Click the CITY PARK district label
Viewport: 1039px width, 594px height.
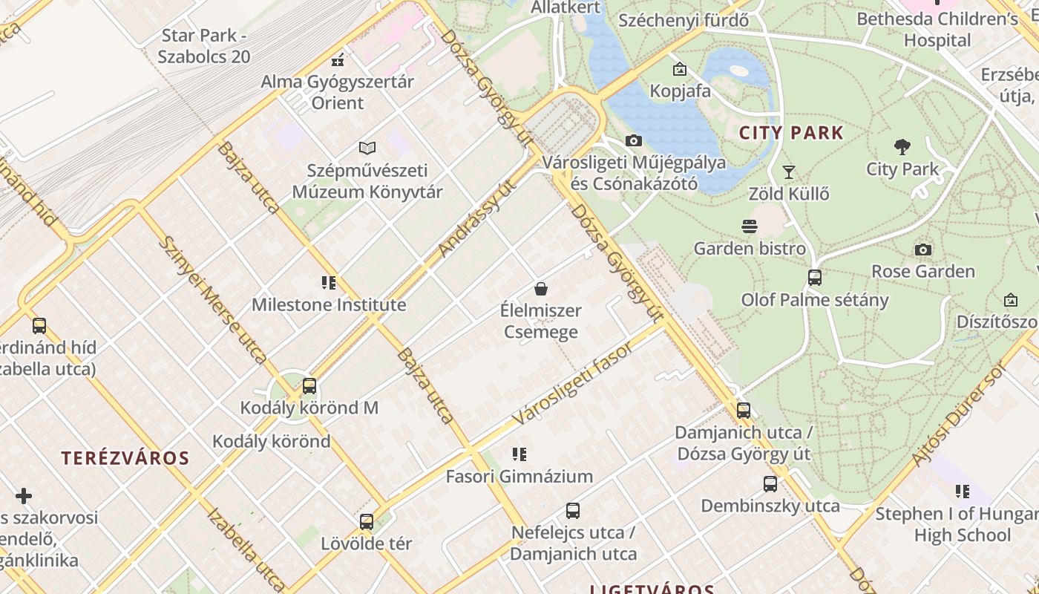(x=791, y=134)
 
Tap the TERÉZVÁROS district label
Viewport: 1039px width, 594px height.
(x=125, y=458)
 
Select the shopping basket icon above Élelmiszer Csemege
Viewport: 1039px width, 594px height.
(x=541, y=289)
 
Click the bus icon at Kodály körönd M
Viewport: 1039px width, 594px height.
(x=309, y=386)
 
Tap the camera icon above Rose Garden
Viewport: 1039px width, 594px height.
(x=922, y=249)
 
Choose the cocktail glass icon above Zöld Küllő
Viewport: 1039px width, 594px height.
(x=789, y=172)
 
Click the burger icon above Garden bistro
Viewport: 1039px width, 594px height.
(x=750, y=226)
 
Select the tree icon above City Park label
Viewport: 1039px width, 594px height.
(x=902, y=146)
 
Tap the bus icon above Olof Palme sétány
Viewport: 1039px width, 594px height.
(x=815, y=278)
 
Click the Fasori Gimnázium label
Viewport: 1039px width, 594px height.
(x=519, y=477)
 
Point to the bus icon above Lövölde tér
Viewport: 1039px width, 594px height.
(x=367, y=521)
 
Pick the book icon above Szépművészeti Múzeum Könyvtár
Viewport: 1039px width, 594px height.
(x=367, y=148)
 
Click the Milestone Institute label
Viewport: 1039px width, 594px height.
(x=329, y=305)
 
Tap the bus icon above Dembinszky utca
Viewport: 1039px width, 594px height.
(x=770, y=484)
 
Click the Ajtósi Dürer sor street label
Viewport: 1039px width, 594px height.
(x=960, y=415)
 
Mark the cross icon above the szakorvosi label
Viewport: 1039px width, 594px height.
(x=24, y=495)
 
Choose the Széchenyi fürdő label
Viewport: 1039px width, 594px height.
(x=683, y=20)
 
